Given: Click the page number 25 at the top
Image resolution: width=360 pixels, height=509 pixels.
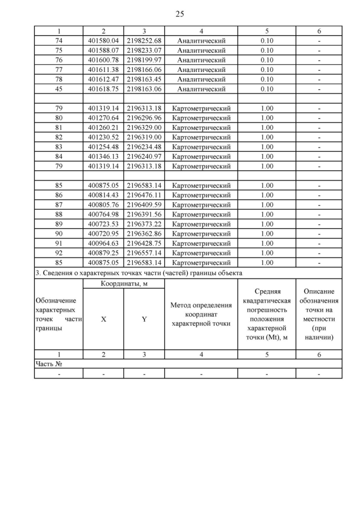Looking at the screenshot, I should (179, 13).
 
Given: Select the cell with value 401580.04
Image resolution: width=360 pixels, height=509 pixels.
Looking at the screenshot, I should (103, 40).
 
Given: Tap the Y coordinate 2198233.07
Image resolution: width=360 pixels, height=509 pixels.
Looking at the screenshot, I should (144, 50).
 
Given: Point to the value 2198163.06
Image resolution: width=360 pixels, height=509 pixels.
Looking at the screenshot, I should (144, 89).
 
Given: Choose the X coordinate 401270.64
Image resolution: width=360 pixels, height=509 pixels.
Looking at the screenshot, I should (103, 118).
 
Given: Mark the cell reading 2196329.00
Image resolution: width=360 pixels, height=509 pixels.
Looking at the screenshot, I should (144, 128).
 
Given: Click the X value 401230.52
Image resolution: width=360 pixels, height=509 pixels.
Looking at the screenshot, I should (103, 137).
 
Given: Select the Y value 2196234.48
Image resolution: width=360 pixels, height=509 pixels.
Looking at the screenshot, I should (144, 147).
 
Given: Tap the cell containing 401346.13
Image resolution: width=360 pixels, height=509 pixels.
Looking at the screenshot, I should (103, 156).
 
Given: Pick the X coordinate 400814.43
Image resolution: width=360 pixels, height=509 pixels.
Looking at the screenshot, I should (103, 195).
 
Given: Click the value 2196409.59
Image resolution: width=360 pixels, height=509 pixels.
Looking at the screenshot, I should (144, 205).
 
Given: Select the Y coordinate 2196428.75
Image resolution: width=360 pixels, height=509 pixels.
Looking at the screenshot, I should (144, 243).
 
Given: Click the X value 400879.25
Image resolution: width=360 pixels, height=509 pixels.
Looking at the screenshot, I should (103, 253).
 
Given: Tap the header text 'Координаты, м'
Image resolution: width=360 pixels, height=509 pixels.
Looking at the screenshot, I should (124, 283).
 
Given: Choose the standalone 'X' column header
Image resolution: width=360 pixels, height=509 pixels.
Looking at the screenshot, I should (103, 319).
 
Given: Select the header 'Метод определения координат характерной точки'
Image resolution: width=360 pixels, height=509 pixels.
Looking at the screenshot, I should (201, 314).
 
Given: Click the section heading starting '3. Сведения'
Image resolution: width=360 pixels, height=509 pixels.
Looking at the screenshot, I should (138, 273).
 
